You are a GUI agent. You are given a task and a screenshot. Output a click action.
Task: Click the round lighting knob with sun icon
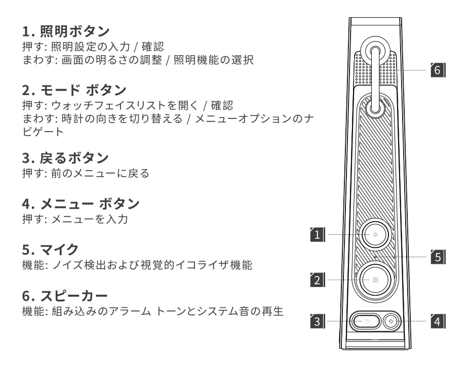point(375,235)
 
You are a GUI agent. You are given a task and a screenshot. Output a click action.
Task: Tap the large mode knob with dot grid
point(375,279)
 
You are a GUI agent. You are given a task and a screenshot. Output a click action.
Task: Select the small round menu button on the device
point(391,320)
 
